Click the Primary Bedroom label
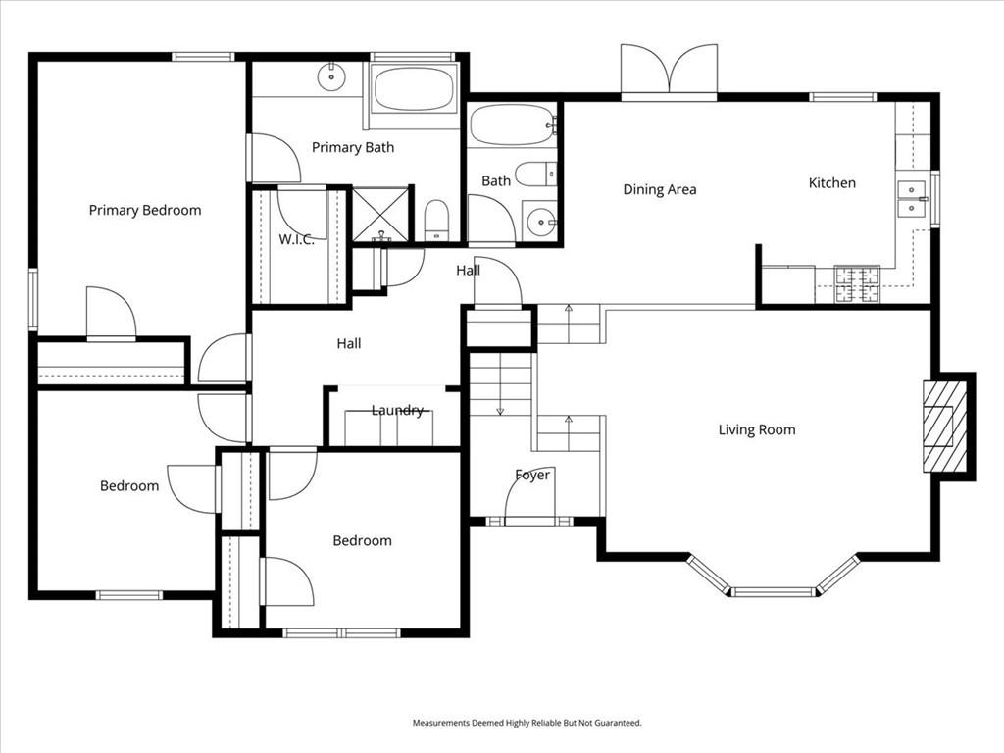(x=145, y=210)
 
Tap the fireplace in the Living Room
(x=945, y=427)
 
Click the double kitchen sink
(x=912, y=198)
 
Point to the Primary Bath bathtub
(x=414, y=89)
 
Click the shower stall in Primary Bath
(x=379, y=215)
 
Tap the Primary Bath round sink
(x=332, y=74)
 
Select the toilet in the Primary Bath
(x=436, y=220)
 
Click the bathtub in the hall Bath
(x=512, y=125)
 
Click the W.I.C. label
(x=296, y=240)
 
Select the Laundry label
(x=397, y=410)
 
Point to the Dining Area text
(x=660, y=189)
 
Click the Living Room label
(x=757, y=429)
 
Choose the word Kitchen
(x=831, y=182)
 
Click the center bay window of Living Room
(x=774, y=591)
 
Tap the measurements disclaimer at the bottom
(x=527, y=723)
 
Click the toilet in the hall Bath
(x=535, y=175)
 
